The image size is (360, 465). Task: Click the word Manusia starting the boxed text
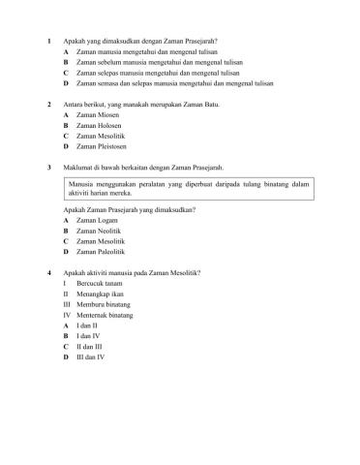click(x=84, y=183)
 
